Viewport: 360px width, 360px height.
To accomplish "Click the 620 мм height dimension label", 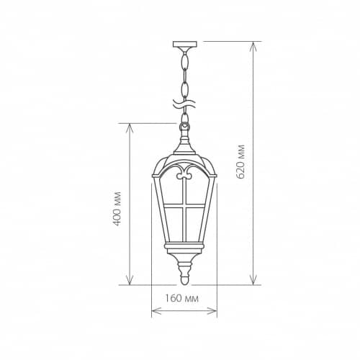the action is tap(240, 161).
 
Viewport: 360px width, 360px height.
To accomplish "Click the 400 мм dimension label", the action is tap(117, 209).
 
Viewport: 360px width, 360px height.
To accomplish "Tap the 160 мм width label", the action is tap(181, 298).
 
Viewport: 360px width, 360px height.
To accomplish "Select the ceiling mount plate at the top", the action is tap(185, 44).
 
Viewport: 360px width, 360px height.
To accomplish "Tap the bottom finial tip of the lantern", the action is tap(184, 282).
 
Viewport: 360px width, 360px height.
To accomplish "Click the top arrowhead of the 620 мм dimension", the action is tap(253, 46).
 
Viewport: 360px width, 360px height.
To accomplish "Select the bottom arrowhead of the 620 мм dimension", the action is tap(253, 280).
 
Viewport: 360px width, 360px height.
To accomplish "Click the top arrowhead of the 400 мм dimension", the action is tap(130, 128).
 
